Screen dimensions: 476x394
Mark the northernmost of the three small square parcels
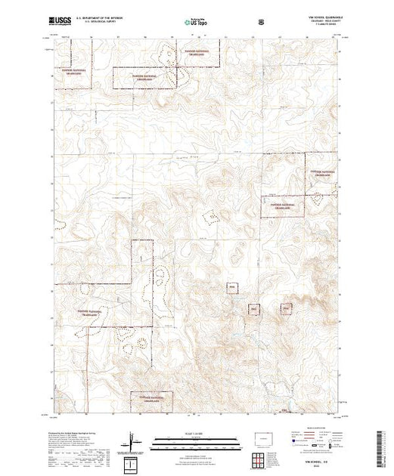pos(233,287)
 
